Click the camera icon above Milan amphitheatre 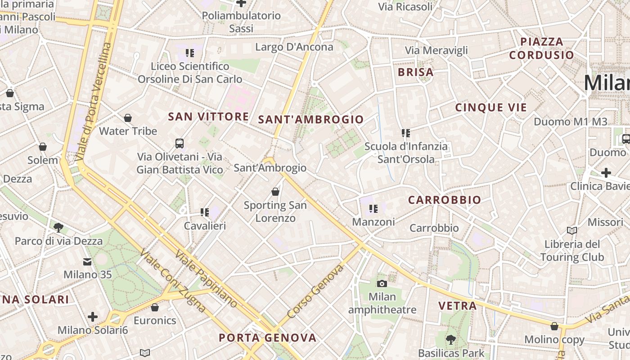coord(382,283)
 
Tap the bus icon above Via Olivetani coord(180,144)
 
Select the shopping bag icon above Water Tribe coord(128,118)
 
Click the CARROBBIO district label coord(444,200)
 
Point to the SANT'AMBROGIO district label coord(311,120)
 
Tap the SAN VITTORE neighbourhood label coord(208,117)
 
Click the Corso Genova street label coord(315,291)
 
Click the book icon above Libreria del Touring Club coord(572,231)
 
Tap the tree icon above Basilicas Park coord(450,340)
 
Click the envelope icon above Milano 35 coord(87,261)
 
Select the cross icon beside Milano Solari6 coord(93,317)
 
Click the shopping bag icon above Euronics coord(155,308)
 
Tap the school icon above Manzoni coord(373,209)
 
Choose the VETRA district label coord(457,306)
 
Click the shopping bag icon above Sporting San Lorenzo coord(275,192)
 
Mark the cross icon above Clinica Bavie coord(606,173)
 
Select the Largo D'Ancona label coord(294,47)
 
